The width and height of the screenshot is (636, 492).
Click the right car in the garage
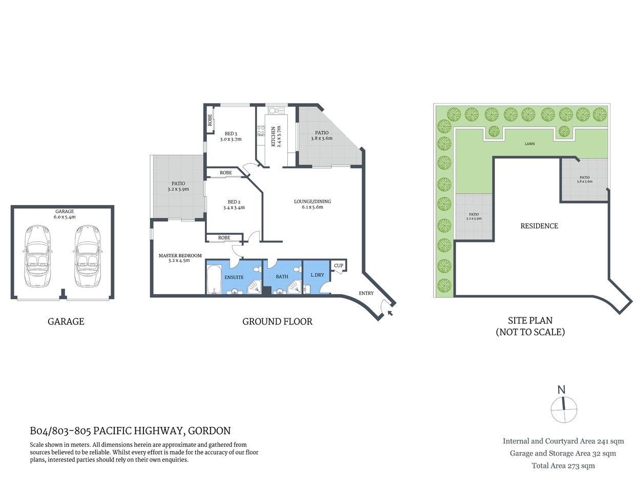[88, 256]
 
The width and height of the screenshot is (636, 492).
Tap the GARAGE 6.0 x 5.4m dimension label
[65, 214]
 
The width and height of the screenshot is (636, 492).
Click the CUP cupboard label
[338, 265]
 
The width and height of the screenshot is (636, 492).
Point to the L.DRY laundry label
[317, 275]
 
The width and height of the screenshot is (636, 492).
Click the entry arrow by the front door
[391, 312]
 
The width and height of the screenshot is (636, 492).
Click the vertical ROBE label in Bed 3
[210, 120]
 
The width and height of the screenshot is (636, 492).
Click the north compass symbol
[563, 408]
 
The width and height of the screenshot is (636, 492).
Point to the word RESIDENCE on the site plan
[539, 226]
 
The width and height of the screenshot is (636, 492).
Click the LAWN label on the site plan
[529, 144]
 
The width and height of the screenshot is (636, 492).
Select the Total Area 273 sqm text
[563, 466]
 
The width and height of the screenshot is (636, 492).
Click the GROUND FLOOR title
[277, 322]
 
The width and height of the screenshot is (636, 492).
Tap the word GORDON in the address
[209, 431]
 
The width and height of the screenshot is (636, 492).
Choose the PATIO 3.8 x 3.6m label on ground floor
[322, 135]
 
